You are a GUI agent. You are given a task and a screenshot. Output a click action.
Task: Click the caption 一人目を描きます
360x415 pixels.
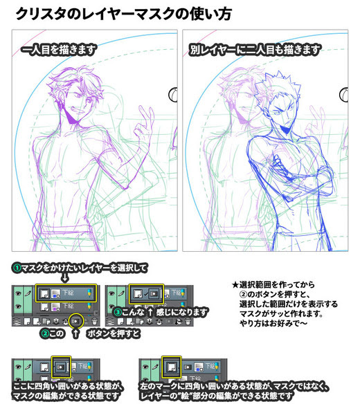tap(59, 50)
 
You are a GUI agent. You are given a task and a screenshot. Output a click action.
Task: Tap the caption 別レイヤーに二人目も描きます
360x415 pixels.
tap(255, 50)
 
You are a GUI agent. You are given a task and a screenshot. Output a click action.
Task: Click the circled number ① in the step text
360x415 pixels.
tap(17, 268)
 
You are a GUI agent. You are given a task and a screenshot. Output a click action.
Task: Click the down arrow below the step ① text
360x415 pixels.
tap(65, 278)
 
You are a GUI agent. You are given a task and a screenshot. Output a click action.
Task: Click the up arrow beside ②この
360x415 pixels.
tap(75, 333)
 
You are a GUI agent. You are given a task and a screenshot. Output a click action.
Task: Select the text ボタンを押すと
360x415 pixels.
tap(114, 333)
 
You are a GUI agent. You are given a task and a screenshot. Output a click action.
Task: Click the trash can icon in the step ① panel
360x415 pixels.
tap(93, 322)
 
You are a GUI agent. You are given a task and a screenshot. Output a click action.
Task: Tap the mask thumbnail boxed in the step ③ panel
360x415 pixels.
tap(154, 293)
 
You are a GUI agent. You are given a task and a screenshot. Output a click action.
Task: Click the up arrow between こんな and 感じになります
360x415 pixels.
tap(150, 313)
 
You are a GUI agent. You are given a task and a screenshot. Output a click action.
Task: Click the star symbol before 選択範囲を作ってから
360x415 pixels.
tap(235, 285)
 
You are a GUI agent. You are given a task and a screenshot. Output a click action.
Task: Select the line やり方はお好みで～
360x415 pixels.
tap(273, 323)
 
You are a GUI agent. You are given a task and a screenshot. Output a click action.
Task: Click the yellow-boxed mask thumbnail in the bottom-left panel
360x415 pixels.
tap(61, 367)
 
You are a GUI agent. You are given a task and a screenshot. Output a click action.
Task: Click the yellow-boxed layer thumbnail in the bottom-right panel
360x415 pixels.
tap(172, 367)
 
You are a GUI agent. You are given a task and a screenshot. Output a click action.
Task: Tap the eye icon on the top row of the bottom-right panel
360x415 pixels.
tap(145, 367)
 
